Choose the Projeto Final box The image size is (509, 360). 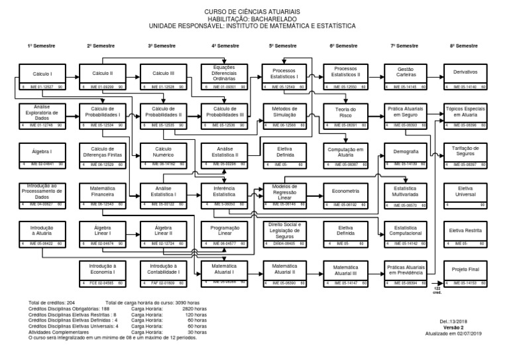(x=467, y=272)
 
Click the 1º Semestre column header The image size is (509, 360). (x=41, y=46)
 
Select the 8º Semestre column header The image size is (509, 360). (x=464, y=46)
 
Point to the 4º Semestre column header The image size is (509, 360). (x=225, y=46)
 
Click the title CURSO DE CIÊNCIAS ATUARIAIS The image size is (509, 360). (x=254, y=12)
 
